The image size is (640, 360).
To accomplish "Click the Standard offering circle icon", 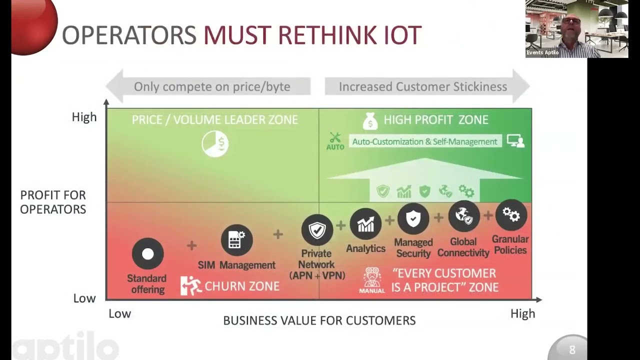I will pyautogui.click(x=147, y=254).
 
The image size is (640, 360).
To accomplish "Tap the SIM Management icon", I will pyautogui.click(x=236, y=240).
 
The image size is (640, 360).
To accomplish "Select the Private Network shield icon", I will pyautogui.click(x=317, y=230).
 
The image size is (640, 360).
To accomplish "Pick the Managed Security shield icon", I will pyautogui.click(x=413, y=218).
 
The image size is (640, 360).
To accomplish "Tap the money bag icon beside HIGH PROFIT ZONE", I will pyautogui.click(x=370, y=120).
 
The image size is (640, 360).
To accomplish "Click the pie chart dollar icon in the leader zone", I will pyautogui.click(x=215, y=144).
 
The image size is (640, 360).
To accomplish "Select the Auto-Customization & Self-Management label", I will pyautogui.click(x=424, y=141).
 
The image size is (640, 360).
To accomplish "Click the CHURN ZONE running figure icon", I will pyautogui.click(x=190, y=285).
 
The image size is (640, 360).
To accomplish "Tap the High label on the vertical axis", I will pyautogui.click(x=84, y=117).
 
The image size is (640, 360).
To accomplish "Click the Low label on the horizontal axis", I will pyautogui.click(x=119, y=313).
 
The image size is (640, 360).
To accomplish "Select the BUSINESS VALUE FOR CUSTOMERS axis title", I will pyautogui.click(x=319, y=320).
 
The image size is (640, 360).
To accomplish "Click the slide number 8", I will pyautogui.click(x=572, y=349).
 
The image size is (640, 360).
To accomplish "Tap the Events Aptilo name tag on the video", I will pyautogui.click(x=542, y=52).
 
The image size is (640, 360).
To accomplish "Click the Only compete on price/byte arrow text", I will pyautogui.click(x=212, y=86).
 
